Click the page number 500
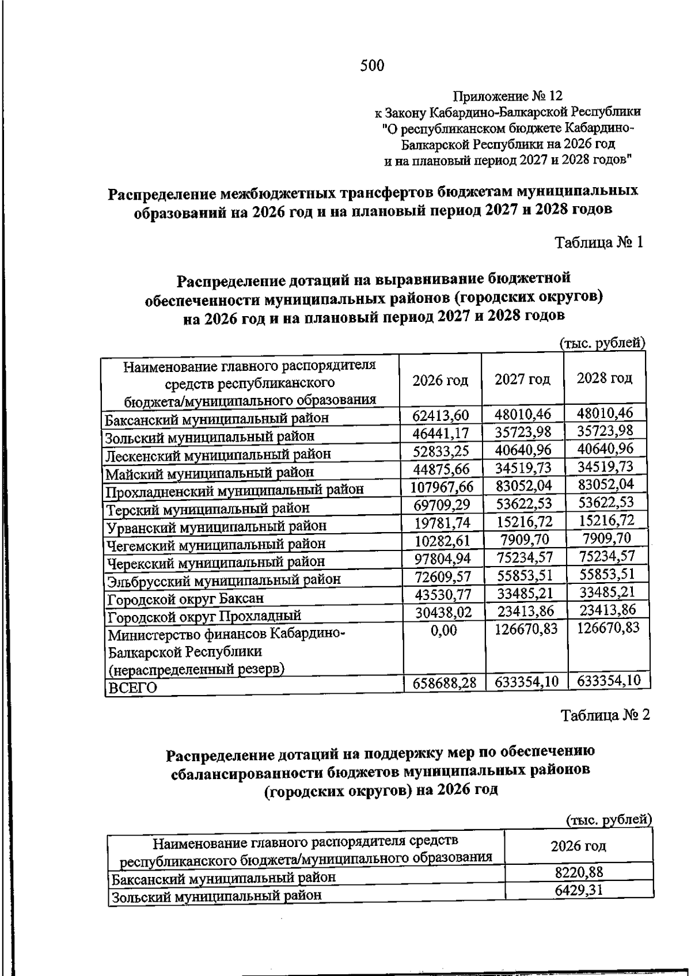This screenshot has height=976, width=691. click(372, 66)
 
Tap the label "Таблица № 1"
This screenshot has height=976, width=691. click(598, 242)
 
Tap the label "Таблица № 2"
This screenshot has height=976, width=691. click(605, 715)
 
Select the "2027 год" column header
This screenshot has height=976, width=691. click(522, 379)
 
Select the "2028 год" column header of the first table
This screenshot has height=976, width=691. click(605, 378)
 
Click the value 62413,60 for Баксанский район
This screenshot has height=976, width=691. click(441, 415)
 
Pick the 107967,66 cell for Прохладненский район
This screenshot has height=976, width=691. click(441, 487)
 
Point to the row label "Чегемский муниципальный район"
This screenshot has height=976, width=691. click(215, 544)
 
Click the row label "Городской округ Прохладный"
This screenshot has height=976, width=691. click(204, 617)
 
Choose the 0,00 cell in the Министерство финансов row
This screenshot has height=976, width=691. click(443, 631)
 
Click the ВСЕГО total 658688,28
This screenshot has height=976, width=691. click(445, 683)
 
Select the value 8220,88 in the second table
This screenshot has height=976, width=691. click(579, 872)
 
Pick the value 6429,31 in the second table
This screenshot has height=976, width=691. click(579, 890)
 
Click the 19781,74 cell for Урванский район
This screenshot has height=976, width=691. click(441, 523)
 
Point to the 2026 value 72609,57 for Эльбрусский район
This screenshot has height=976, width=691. click(441, 577)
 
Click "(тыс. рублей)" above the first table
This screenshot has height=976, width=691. click(603, 343)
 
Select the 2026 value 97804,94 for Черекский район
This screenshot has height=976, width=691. click(441, 559)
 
